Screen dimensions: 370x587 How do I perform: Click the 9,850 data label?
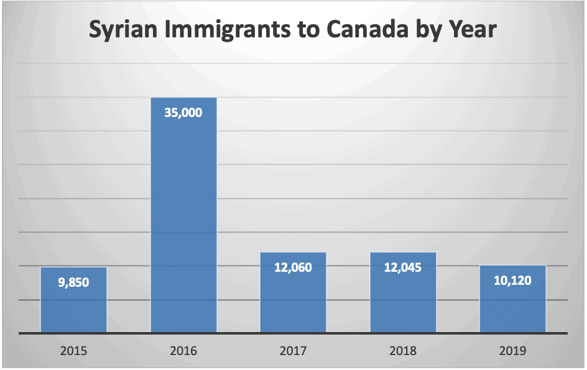pos(73,283)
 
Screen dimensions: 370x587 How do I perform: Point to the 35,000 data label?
pos(183,113)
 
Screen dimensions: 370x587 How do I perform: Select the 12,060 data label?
pos(293,268)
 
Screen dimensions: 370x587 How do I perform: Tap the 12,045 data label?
pos(403,268)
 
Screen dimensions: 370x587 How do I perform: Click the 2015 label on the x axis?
pos(73,351)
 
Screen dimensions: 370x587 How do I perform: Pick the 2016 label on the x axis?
pos(183,351)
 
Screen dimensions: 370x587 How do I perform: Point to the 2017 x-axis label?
pos(293,351)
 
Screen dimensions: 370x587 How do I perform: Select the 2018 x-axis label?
pos(403,351)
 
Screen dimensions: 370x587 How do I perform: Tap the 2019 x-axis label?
pos(513,351)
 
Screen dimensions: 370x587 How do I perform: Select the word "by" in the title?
pos(422,30)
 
